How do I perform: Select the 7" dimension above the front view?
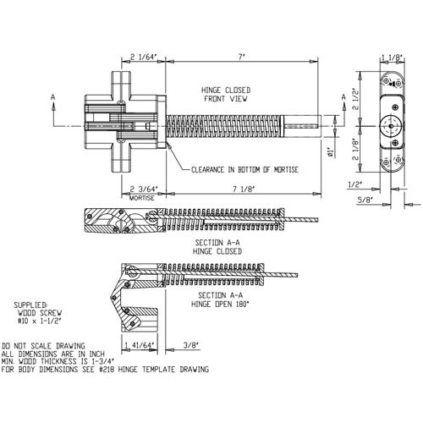(x=242, y=57)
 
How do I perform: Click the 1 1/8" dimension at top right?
(x=393, y=58)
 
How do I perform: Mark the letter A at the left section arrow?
(x=53, y=98)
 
